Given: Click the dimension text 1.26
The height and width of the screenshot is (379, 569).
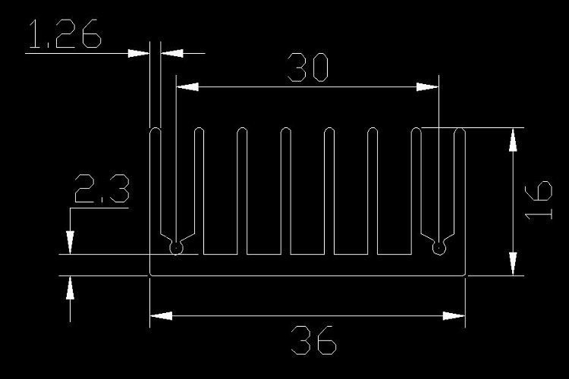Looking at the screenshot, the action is (x=64, y=36).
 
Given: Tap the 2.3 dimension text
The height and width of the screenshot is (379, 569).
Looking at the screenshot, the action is (x=101, y=189).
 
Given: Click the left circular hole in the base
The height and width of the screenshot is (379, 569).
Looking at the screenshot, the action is (x=176, y=246).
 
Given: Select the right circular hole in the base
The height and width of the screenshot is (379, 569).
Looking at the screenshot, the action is (x=438, y=246).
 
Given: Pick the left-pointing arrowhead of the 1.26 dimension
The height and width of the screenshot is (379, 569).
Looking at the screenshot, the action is (x=170, y=53).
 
